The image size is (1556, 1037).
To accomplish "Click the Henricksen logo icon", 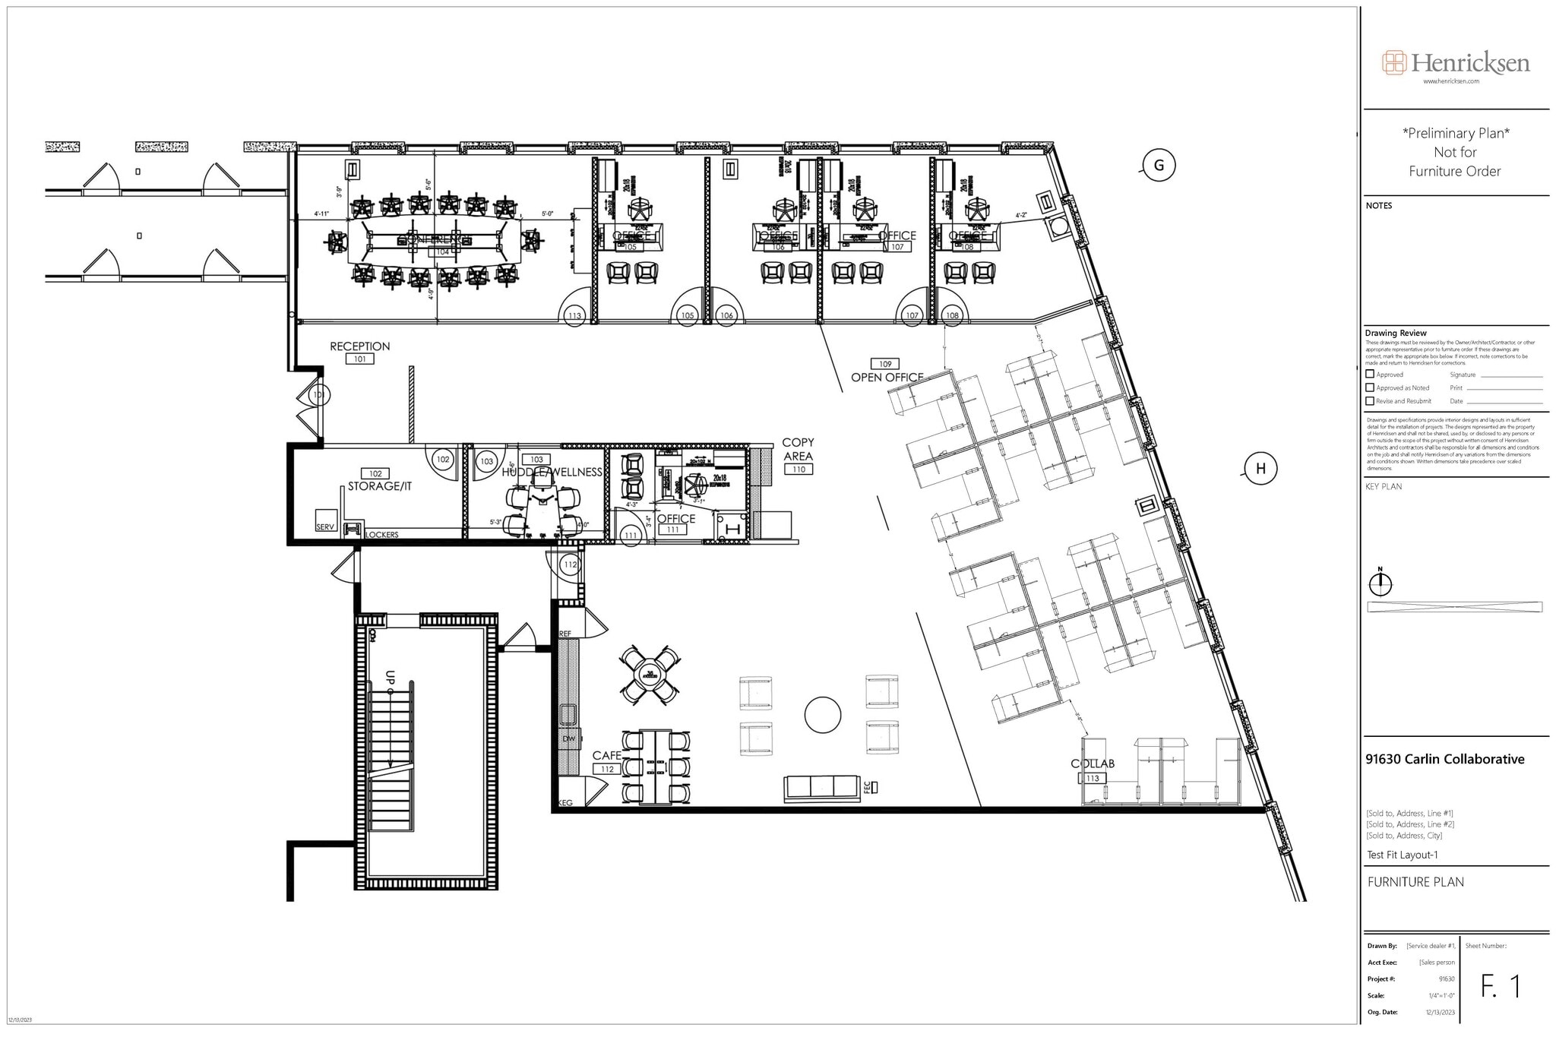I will click(x=1394, y=62).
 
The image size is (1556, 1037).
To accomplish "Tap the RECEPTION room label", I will click(x=359, y=346).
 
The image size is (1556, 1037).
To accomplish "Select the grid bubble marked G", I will click(x=1159, y=166).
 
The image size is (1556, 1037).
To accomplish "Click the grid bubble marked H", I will click(x=1260, y=469).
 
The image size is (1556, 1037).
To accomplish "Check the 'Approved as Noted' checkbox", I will click(x=1370, y=387).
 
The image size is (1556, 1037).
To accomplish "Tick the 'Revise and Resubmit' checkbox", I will click(x=1370, y=401).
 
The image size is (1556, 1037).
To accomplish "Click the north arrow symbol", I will click(x=1380, y=583).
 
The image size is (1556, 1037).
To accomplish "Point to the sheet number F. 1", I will click(x=1501, y=986).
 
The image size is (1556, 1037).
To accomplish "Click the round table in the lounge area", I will click(x=823, y=715).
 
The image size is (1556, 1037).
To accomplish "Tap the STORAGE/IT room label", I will click(x=379, y=486).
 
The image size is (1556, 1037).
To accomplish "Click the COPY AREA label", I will click(x=798, y=449).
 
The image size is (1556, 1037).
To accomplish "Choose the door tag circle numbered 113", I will click(x=574, y=315).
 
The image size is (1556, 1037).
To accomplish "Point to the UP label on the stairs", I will click(x=390, y=676).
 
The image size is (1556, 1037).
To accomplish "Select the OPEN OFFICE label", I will click(x=887, y=378).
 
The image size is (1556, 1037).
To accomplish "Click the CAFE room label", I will click(x=606, y=755).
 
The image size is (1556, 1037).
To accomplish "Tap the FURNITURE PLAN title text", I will click(x=1415, y=882).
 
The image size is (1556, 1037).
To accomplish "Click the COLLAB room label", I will click(x=1093, y=764).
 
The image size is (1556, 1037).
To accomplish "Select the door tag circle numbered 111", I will click(x=631, y=535).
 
